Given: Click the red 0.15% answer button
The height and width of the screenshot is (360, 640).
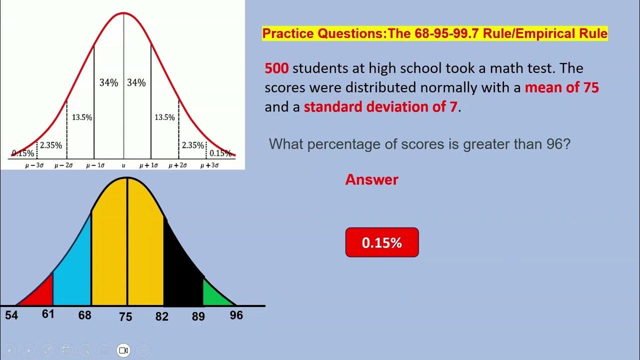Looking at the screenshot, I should (382, 242).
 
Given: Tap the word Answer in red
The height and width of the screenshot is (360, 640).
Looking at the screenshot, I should (371, 180).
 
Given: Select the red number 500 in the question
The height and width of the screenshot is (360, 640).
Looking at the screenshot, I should (276, 68).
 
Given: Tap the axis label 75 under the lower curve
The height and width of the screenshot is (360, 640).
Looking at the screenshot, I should (125, 316).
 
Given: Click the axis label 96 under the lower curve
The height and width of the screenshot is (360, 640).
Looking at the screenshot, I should (236, 315).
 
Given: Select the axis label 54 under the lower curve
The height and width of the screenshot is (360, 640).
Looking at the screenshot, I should (11, 315).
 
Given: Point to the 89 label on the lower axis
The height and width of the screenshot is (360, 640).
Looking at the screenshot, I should (198, 316).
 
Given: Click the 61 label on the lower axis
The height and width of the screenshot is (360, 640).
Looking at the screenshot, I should (48, 314).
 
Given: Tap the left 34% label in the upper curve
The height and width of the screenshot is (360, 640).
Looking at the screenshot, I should (108, 83).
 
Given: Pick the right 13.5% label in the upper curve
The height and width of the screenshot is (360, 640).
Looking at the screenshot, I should (164, 117).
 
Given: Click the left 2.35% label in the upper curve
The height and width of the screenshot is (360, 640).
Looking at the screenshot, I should (51, 145).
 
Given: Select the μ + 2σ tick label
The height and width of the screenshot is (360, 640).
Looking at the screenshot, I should (177, 165).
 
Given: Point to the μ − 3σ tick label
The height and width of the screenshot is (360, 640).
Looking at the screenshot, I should (34, 165).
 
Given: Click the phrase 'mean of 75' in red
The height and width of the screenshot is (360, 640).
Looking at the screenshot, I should (561, 87).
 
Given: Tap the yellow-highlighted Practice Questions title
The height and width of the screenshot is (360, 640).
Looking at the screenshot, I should (435, 34).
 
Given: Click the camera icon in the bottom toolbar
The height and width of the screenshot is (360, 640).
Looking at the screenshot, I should (123, 350).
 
